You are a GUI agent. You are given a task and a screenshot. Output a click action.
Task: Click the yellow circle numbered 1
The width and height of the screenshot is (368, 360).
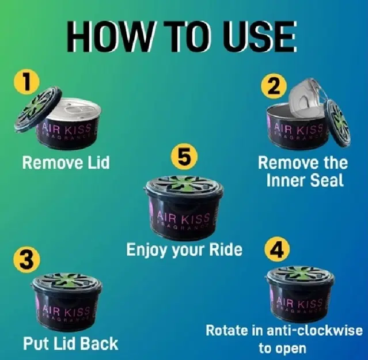[26, 82]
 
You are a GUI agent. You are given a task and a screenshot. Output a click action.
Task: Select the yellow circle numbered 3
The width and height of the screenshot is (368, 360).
[26, 260]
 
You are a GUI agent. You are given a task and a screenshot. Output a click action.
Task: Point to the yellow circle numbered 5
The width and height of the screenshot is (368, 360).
[184, 156]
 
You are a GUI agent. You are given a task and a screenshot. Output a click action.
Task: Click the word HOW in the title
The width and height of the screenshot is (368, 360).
[110, 37]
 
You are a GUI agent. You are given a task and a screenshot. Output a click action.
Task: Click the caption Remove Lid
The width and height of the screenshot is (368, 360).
[66, 162]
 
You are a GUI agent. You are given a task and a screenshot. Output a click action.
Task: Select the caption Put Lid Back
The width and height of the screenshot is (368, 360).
[70, 343]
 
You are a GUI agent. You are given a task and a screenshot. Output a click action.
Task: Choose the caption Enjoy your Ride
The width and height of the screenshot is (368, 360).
[184, 250]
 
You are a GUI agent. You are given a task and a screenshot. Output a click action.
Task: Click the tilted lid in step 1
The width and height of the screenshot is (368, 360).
[38, 109]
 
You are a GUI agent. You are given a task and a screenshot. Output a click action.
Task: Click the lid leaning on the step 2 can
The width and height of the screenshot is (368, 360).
[337, 123]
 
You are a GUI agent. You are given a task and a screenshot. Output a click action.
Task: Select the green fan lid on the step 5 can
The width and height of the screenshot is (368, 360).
[184, 184]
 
